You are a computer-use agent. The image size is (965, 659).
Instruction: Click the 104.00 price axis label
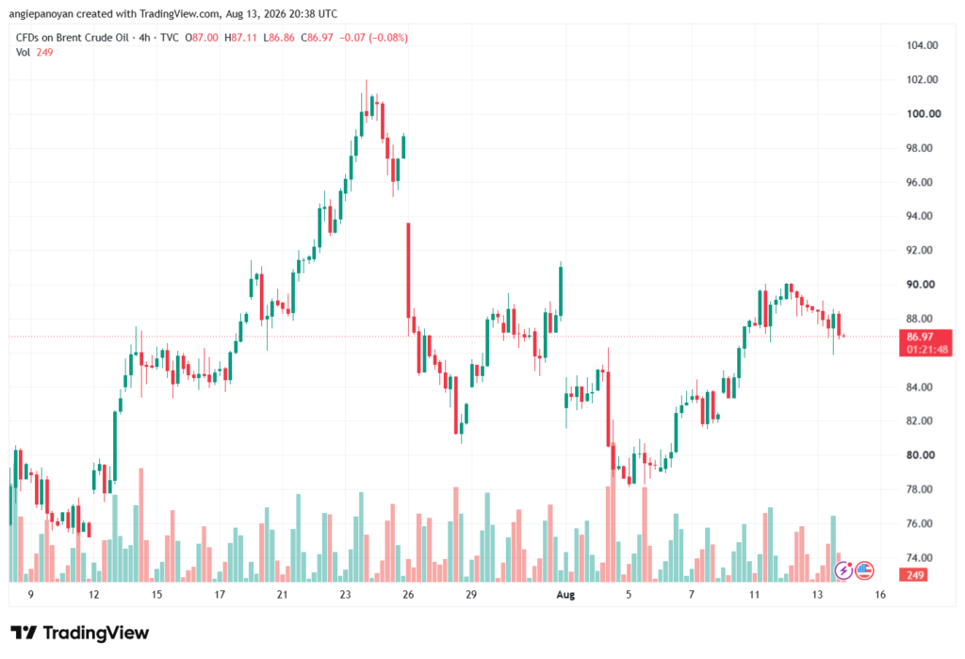(x=922, y=45)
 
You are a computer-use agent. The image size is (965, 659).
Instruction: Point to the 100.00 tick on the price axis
(x=924, y=113)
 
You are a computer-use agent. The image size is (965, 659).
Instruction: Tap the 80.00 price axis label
(x=921, y=455)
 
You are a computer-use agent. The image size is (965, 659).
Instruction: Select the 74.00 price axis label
(x=920, y=557)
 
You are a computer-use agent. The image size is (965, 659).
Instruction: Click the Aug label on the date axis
(x=565, y=594)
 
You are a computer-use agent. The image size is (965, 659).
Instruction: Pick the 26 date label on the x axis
(x=408, y=594)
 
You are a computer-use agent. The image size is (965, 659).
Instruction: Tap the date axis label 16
(x=880, y=594)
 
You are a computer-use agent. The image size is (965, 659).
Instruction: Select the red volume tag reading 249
(x=915, y=575)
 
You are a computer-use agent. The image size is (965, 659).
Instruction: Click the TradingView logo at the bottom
(x=79, y=633)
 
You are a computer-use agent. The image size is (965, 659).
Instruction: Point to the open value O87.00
(x=202, y=38)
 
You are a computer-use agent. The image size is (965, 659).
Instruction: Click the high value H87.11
(x=240, y=38)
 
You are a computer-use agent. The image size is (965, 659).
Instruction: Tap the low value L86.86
(x=279, y=38)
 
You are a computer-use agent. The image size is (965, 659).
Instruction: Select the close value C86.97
(x=317, y=38)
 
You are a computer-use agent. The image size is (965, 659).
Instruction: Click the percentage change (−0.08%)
(x=388, y=38)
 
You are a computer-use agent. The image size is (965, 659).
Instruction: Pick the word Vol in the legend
(x=23, y=53)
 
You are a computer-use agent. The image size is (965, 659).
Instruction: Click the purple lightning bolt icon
(x=843, y=571)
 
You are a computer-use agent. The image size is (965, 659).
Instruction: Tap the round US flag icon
(x=864, y=571)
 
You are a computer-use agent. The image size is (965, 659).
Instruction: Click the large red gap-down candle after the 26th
(x=408, y=271)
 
